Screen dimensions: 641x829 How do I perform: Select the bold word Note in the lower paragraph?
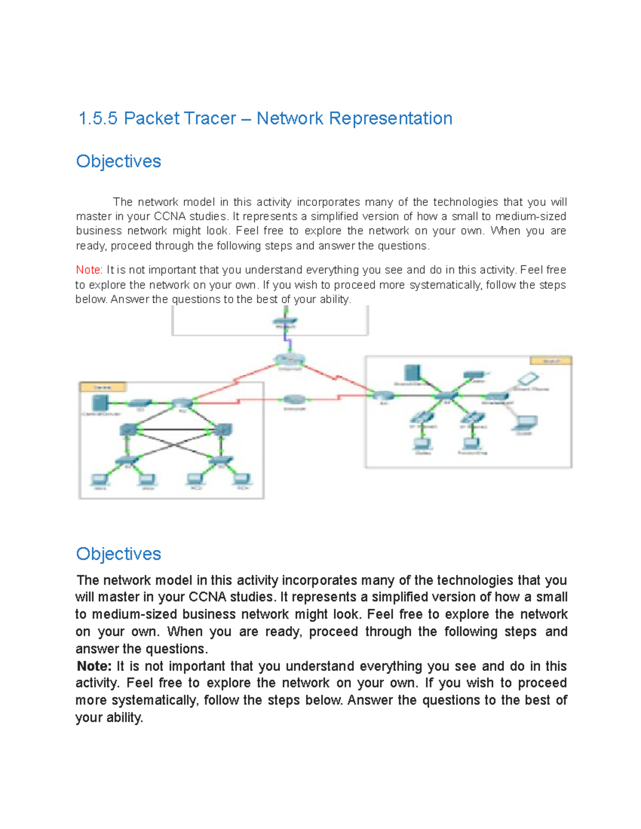(x=94, y=666)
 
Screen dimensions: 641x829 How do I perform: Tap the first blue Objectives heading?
(x=119, y=161)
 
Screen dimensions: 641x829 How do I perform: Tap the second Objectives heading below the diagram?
(x=119, y=554)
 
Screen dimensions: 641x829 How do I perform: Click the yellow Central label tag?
(x=103, y=387)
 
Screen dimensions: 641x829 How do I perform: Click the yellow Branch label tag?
(x=551, y=361)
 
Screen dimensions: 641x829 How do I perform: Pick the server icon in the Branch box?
(x=412, y=373)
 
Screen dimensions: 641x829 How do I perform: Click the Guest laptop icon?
(x=525, y=423)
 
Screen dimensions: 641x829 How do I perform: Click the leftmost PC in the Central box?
(x=99, y=479)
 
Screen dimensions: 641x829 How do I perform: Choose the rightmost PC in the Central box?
(x=243, y=479)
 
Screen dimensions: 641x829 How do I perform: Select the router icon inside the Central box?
(x=182, y=403)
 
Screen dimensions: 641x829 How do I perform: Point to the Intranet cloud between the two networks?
(x=294, y=399)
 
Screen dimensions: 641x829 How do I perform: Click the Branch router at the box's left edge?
(x=383, y=396)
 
